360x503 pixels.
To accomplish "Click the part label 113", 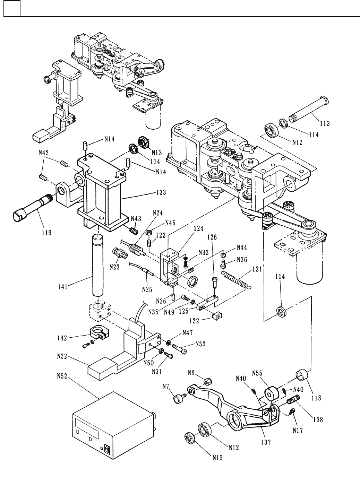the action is click(x=325, y=123).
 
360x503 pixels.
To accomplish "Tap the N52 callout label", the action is click(x=62, y=381).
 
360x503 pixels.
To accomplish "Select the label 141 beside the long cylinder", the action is click(x=63, y=287).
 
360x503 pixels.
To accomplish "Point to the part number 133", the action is click(x=161, y=192).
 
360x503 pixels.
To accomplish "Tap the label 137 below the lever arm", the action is click(x=266, y=442).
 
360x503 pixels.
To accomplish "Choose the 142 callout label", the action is click(x=62, y=338).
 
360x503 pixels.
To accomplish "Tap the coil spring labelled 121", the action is click(x=237, y=279).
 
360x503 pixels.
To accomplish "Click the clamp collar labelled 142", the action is click(x=100, y=337).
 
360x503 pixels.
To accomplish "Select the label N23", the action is click(x=114, y=267).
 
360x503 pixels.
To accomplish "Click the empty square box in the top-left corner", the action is click(x=12, y=8).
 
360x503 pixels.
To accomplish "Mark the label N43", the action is click(x=136, y=218).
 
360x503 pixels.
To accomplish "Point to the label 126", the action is click(x=212, y=237).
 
